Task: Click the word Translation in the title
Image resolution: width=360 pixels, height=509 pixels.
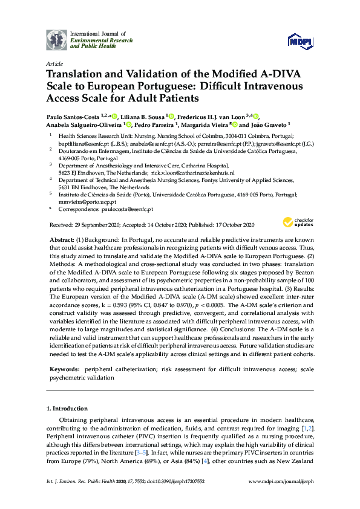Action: (x=75, y=74)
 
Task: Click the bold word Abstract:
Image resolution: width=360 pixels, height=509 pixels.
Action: (x=62, y=240)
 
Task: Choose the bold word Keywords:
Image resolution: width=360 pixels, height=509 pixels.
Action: (x=65, y=368)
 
